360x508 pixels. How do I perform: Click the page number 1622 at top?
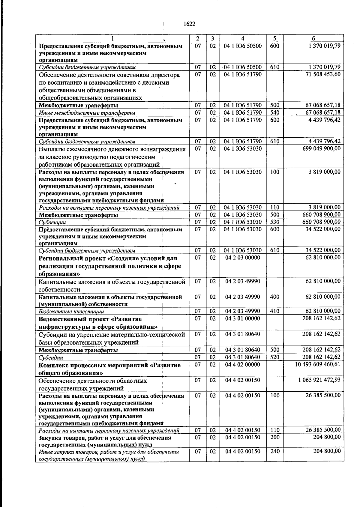[x=189, y=24]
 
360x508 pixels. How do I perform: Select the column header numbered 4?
[x=242, y=38]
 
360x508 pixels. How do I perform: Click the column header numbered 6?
[x=313, y=38]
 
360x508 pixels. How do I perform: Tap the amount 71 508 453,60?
[x=323, y=74]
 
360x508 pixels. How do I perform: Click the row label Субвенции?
[x=52, y=223]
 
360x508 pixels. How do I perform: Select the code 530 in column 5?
[x=274, y=222]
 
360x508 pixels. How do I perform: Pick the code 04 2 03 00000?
[x=242, y=258]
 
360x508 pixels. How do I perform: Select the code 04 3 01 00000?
[x=242, y=318]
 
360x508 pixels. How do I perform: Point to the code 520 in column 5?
[x=274, y=357]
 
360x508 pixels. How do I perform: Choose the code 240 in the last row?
[x=274, y=451]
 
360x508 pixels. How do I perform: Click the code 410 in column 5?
[x=274, y=311]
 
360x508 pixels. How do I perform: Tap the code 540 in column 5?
[x=274, y=113]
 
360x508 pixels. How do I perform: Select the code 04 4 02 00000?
[x=242, y=364]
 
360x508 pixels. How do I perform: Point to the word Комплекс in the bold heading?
[x=53, y=365]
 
